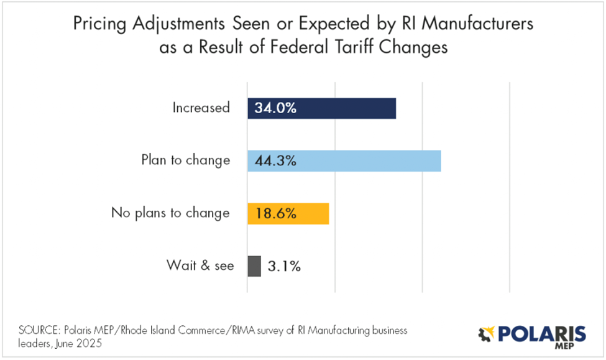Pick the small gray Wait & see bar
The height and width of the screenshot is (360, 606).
click(x=254, y=266)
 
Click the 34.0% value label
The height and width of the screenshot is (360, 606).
click(x=275, y=108)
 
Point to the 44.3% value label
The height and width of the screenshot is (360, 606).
click(x=275, y=160)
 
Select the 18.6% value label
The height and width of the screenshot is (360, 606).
click(x=275, y=213)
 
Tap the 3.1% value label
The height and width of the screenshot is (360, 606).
click(x=284, y=266)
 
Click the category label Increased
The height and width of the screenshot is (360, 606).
click(x=201, y=108)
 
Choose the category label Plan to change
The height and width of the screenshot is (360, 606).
click(x=185, y=160)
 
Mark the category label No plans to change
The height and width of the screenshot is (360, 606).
click(x=170, y=213)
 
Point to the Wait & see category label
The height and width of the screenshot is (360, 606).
click(x=200, y=266)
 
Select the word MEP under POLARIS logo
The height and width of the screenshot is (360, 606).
click(x=573, y=347)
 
